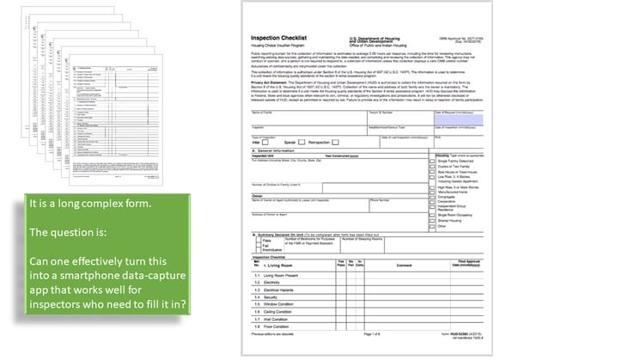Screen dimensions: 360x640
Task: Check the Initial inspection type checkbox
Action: (x=269, y=142)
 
